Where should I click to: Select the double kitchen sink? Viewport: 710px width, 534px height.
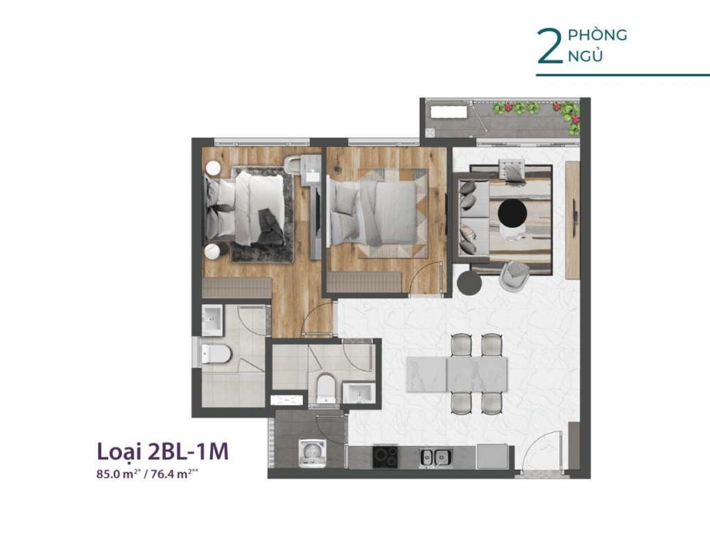(435, 457)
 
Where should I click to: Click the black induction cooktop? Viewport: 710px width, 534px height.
(385, 456)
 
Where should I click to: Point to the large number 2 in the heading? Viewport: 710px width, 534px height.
(550, 46)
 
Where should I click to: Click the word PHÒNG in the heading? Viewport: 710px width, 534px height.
(597, 35)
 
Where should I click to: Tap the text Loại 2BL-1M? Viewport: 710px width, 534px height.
(162, 451)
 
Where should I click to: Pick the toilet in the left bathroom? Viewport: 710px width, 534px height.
(216, 354)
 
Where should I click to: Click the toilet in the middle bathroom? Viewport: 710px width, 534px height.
(325, 387)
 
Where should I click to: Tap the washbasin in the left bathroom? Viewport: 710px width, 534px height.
(212, 320)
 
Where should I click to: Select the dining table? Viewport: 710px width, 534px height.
(457, 374)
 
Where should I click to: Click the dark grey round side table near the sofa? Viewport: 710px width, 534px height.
(469, 283)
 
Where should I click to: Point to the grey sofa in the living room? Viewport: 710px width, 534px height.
(471, 217)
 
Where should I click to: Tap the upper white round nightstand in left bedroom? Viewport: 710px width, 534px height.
(212, 168)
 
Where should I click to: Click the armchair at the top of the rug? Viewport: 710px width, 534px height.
(512, 170)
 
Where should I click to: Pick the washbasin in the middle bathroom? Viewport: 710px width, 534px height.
(358, 393)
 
